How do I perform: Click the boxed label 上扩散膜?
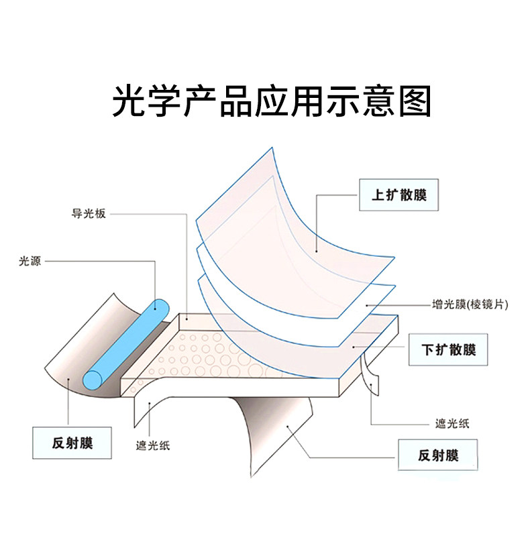coord(399,197)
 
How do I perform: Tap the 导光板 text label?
coord(89,214)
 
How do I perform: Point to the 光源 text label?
coord(30,262)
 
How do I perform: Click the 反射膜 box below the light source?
coord(72,443)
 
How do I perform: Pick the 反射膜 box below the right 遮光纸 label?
coord(438,456)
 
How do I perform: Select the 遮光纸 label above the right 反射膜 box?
coord(452,424)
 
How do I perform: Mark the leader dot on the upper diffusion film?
coord(315,252)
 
